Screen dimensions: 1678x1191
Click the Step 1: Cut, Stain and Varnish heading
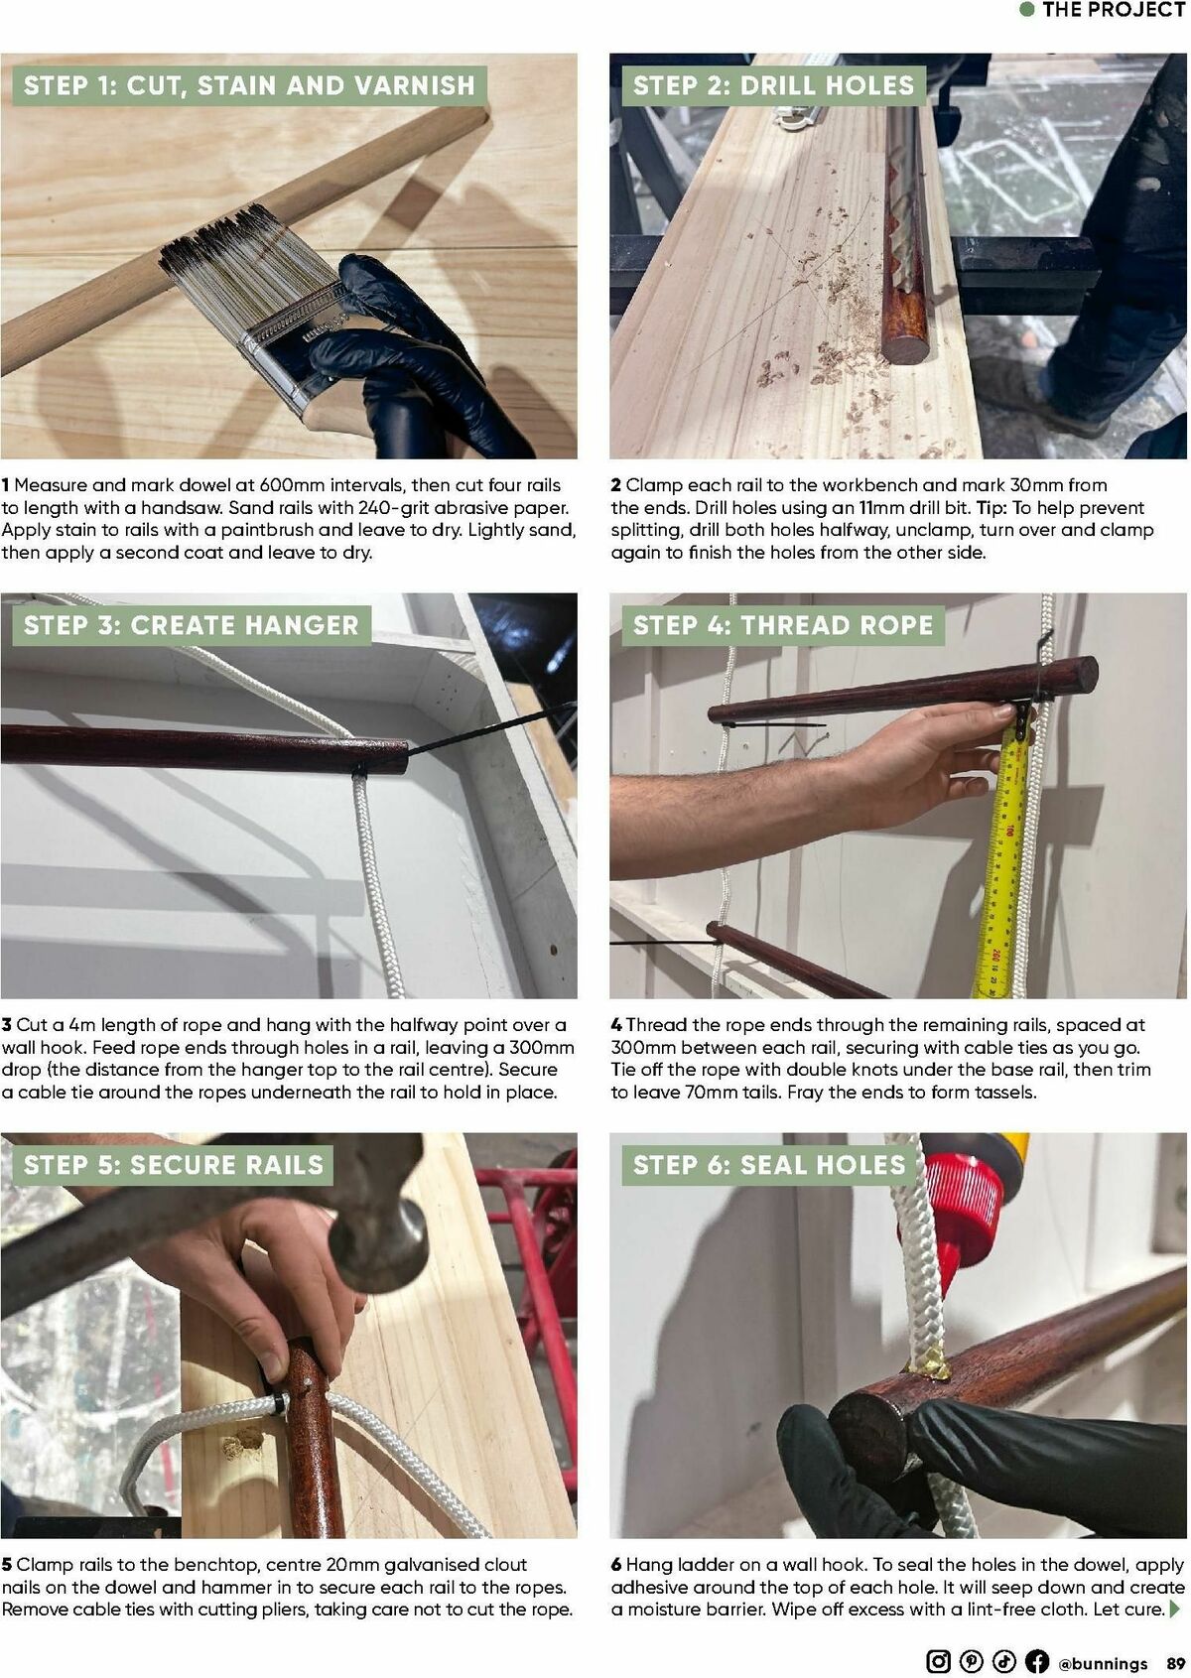[249, 85]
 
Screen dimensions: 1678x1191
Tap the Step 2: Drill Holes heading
[773, 85]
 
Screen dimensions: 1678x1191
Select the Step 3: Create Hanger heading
[192, 625]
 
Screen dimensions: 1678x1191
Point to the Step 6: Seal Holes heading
[769, 1165]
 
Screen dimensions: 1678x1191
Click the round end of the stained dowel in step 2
[905, 349]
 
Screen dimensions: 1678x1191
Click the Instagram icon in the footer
[937, 1661]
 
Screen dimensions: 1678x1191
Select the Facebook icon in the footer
[1036, 1661]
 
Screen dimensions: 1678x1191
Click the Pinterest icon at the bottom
[971, 1661]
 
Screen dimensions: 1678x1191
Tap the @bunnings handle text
[1103, 1663]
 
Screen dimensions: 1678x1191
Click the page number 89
[1176, 1663]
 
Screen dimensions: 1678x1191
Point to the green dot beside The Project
[1028, 10]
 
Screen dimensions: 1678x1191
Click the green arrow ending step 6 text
[1177, 1610]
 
